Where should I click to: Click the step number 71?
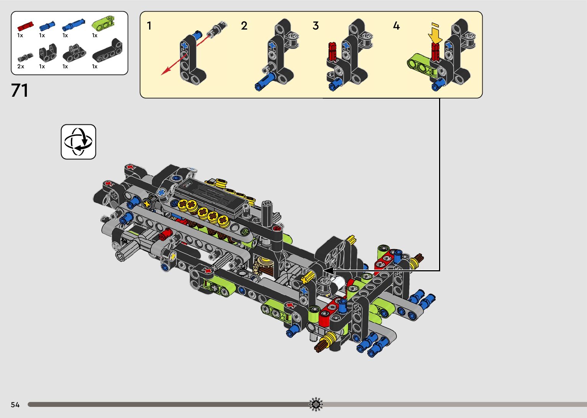(20, 91)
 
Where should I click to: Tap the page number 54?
(15, 405)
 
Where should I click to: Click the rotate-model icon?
(78, 142)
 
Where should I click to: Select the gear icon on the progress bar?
(316, 404)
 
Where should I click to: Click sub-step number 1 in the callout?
(149, 26)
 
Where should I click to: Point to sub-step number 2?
(244, 26)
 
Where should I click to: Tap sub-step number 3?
(316, 26)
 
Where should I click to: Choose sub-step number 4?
(396, 26)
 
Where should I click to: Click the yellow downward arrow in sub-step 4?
(435, 34)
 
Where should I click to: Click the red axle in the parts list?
(25, 26)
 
